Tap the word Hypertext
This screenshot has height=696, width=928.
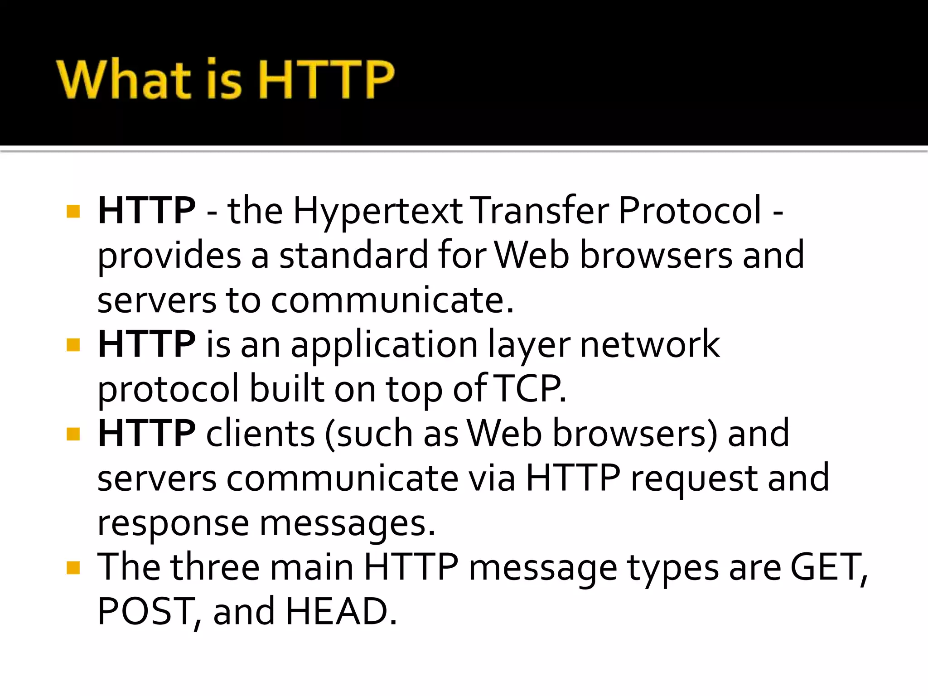tap(378, 211)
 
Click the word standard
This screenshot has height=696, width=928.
tap(353, 255)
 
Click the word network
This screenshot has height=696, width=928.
tap(650, 344)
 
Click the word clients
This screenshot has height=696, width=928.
tap(260, 433)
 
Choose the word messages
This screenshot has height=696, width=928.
tap(347, 523)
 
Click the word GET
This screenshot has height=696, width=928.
tap(827, 567)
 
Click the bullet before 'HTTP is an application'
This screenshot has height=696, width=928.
tap(73, 345)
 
